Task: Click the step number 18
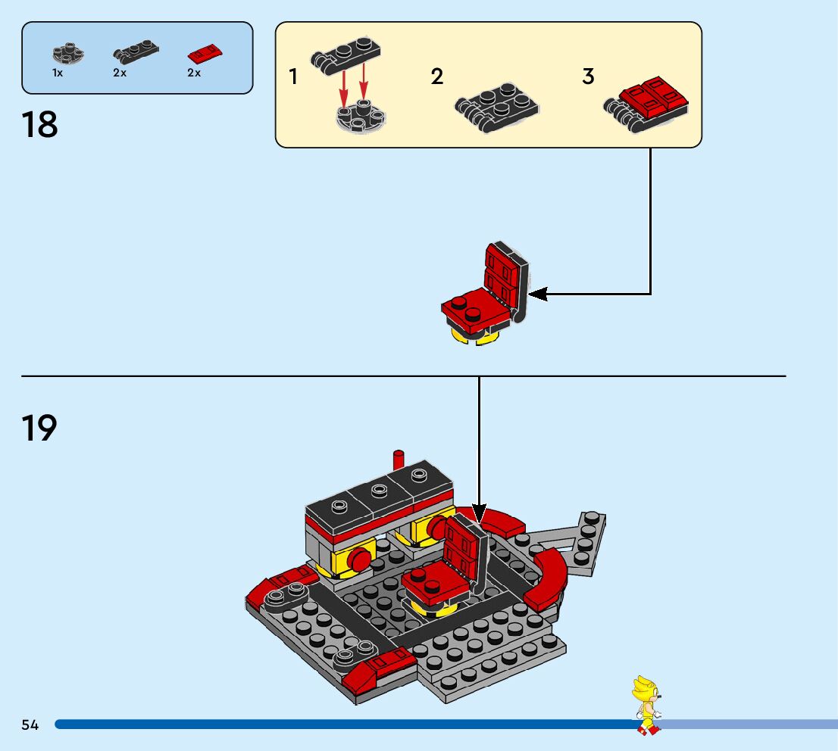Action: click(40, 124)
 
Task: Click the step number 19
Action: click(39, 428)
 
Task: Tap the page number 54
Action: click(30, 725)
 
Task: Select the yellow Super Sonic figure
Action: click(646, 704)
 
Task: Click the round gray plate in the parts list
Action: click(68, 54)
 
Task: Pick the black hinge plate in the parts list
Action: click(136, 52)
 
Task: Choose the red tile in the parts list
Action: click(205, 54)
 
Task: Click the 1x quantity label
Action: click(58, 73)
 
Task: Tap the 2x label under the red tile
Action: click(194, 73)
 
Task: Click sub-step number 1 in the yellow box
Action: click(292, 76)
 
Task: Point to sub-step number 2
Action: click(436, 76)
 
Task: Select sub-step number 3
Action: click(588, 76)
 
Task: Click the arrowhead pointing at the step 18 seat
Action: click(535, 294)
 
